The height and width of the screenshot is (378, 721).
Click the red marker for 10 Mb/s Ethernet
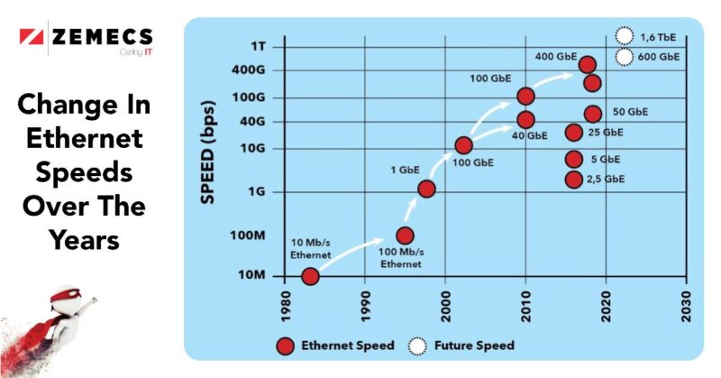click(309, 277)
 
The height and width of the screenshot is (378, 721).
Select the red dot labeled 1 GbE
click(426, 189)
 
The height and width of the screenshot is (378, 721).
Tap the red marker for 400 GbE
click(587, 64)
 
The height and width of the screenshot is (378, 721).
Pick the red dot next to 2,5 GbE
click(573, 179)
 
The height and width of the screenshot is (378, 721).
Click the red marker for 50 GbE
click(592, 114)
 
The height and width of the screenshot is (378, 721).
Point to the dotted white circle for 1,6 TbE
click(623, 36)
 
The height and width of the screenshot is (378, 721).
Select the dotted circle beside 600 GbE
click(623, 58)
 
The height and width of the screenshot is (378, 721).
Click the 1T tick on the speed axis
click(259, 44)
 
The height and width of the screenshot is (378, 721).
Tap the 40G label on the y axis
click(254, 121)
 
